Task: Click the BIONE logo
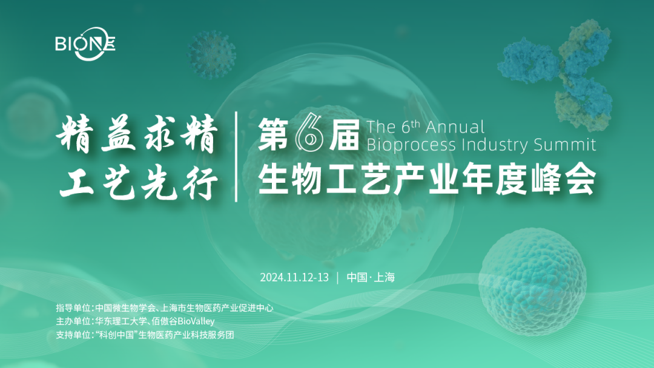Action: pos(85,44)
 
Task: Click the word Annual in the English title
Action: pos(455,127)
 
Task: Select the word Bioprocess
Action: pos(412,145)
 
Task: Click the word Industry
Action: pos(499,145)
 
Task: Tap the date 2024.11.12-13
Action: pos(294,278)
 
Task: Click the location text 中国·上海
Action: pos(371,278)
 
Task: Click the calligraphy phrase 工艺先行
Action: pos(139,182)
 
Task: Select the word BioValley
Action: pos(196,321)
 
